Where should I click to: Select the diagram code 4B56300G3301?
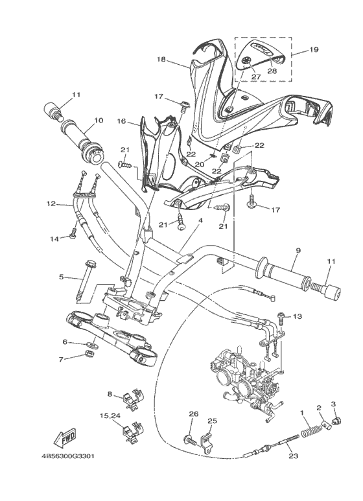click(68, 456)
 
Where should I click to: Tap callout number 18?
click(161, 59)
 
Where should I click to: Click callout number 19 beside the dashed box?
click(314, 49)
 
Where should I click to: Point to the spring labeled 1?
click(309, 432)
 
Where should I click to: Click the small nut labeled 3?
click(334, 420)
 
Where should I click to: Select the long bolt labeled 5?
click(83, 277)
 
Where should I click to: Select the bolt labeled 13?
click(281, 318)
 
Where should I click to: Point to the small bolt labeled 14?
click(73, 233)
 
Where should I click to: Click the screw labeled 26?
click(190, 441)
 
